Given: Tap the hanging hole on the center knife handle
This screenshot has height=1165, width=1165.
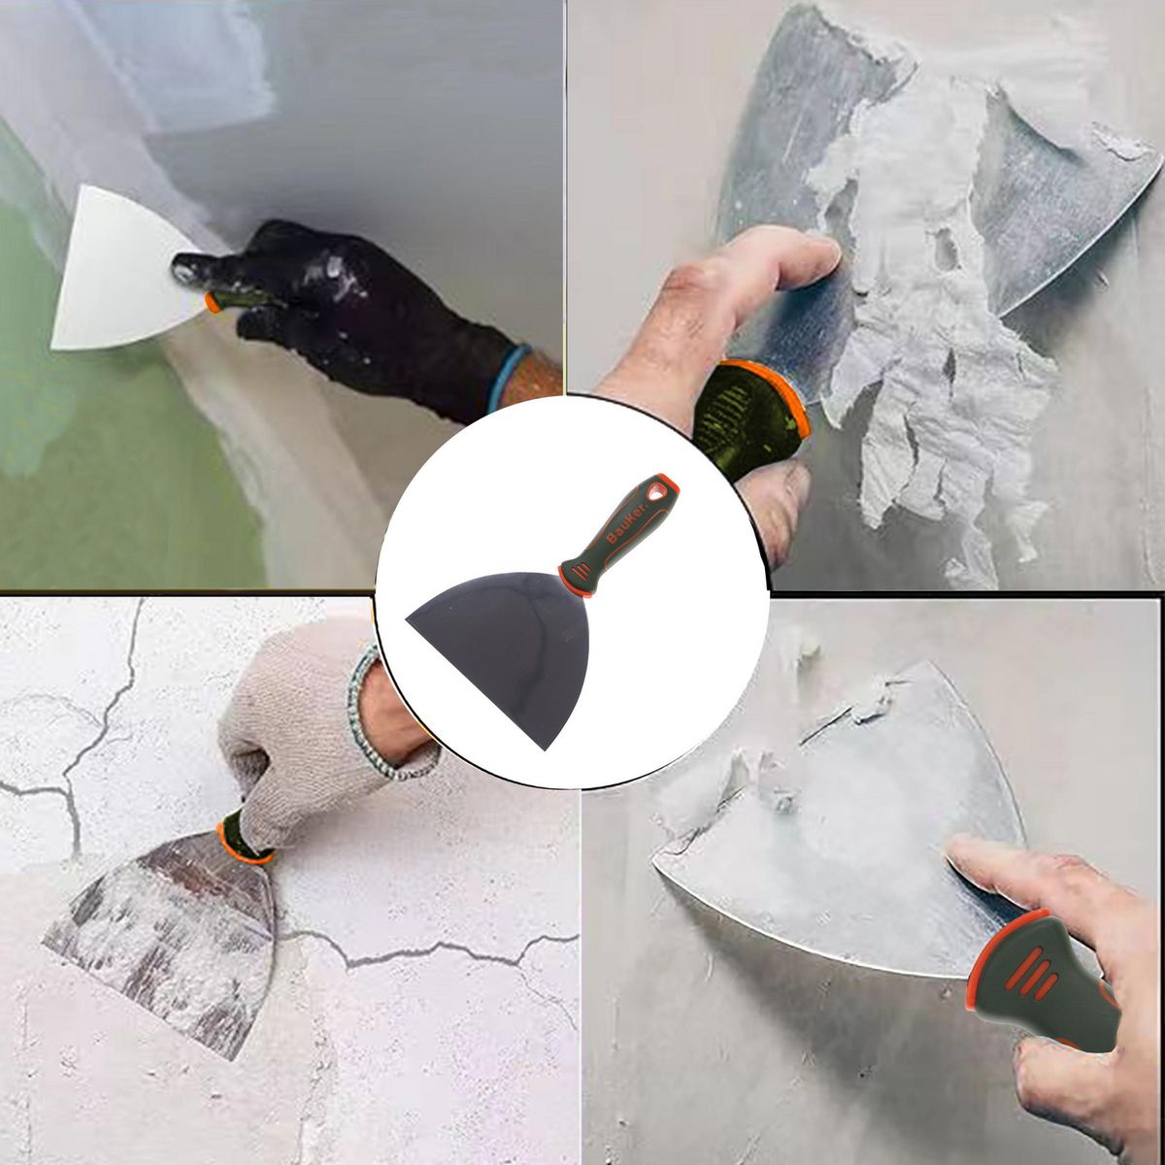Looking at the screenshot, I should coord(663,490).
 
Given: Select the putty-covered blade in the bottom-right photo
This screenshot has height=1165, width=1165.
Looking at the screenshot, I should coord(835,825).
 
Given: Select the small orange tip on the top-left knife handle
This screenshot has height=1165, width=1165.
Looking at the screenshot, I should coord(213,302).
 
